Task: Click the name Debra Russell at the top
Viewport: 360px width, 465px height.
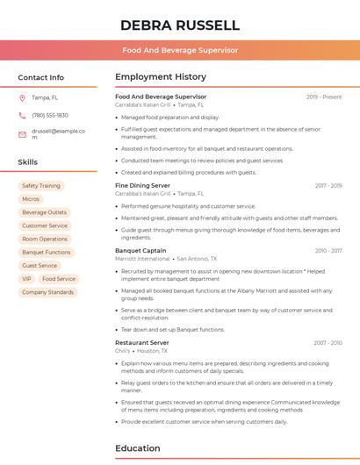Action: click(179, 25)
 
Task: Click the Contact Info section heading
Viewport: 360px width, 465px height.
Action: click(41, 77)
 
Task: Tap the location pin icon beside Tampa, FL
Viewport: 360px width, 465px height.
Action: click(22, 97)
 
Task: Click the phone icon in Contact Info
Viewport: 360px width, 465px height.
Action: click(22, 115)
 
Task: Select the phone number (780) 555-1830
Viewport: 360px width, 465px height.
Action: click(50, 115)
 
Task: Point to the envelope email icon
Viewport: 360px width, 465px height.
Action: click(22, 134)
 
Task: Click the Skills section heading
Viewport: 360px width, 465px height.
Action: click(28, 162)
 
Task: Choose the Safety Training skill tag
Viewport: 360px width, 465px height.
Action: click(41, 186)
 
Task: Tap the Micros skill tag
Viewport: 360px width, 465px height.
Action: click(31, 199)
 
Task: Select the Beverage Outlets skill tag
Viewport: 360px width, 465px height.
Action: click(45, 212)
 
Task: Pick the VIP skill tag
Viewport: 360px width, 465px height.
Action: click(26, 279)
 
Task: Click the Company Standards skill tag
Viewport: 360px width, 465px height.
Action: click(48, 292)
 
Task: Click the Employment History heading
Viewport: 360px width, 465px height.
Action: click(161, 77)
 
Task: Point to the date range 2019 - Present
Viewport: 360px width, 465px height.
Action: click(324, 97)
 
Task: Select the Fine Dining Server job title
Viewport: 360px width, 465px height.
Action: click(142, 186)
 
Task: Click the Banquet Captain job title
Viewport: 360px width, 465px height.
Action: click(140, 251)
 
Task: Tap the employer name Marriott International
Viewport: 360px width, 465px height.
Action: click(142, 259)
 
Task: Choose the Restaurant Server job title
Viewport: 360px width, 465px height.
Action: click(142, 342)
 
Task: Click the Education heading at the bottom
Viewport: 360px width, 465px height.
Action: click(138, 448)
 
